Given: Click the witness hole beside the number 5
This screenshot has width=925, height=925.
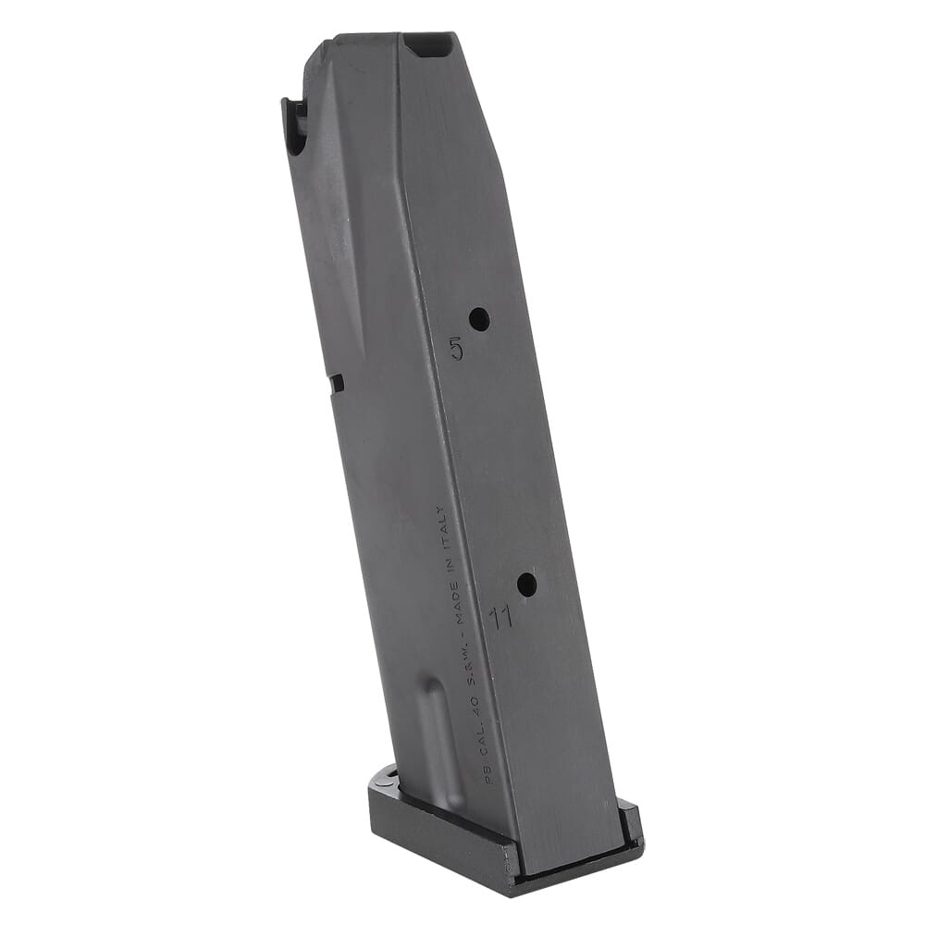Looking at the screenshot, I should [x=479, y=320].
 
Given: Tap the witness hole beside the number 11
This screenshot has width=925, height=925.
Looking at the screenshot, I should [x=526, y=585].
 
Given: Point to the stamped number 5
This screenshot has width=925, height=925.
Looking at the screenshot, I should [x=456, y=349].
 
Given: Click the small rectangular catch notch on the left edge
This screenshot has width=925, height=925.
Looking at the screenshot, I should [x=336, y=383].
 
